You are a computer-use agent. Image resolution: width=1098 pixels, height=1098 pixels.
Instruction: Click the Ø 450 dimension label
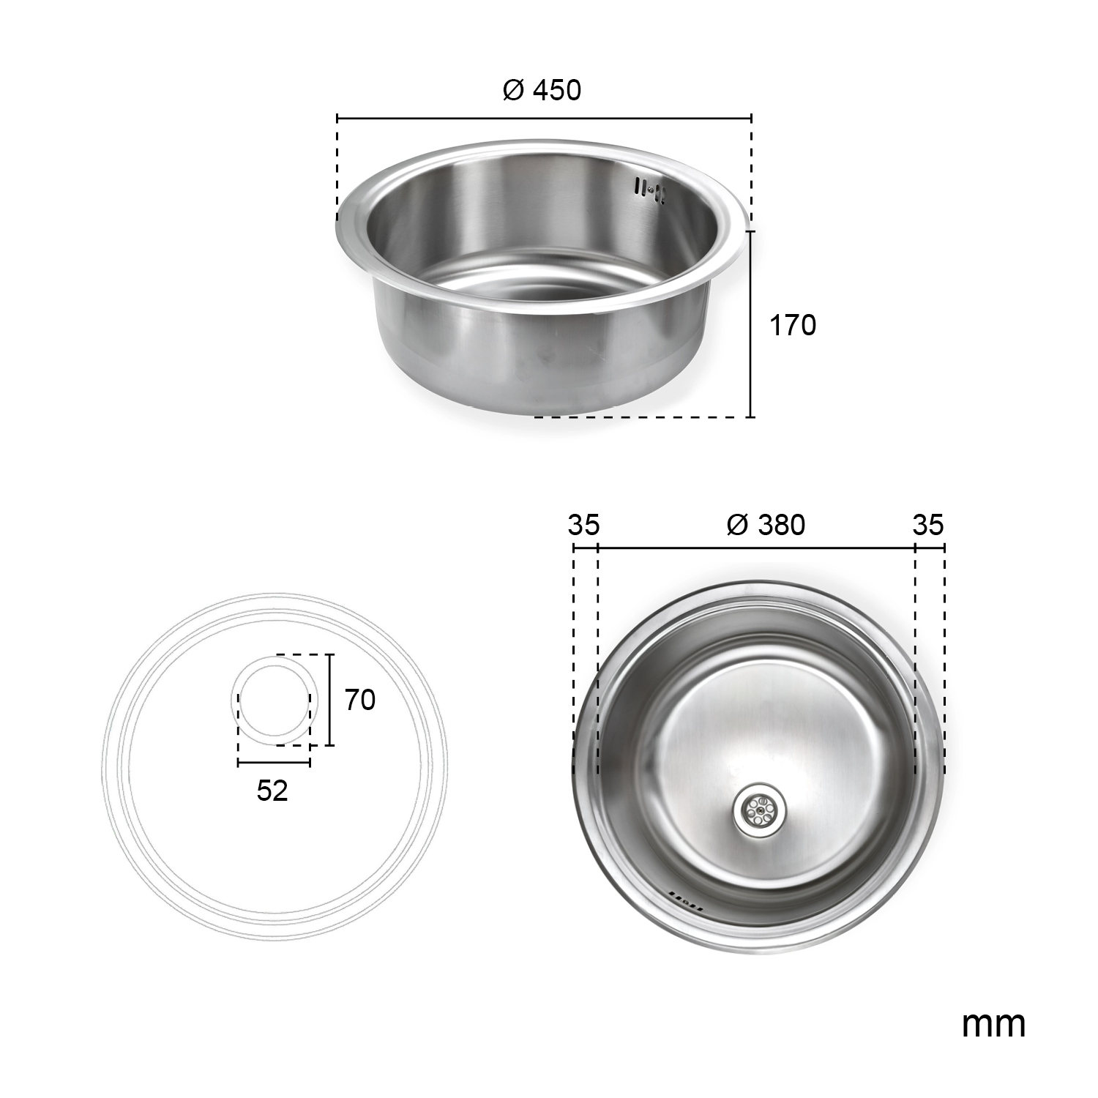tap(542, 90)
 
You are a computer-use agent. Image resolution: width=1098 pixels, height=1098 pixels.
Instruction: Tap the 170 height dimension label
tap(792, 325)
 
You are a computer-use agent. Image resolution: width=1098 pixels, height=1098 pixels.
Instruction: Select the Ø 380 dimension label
tap(766, 525)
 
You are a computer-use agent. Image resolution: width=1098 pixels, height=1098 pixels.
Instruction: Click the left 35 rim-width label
tap(583, 525)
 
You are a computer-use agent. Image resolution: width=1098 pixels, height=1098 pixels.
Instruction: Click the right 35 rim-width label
tap(928, 525)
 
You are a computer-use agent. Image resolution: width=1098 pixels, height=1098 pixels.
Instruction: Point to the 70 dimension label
tap(360, 701)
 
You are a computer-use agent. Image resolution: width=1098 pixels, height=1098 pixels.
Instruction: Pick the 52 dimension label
tap(272, 791)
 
